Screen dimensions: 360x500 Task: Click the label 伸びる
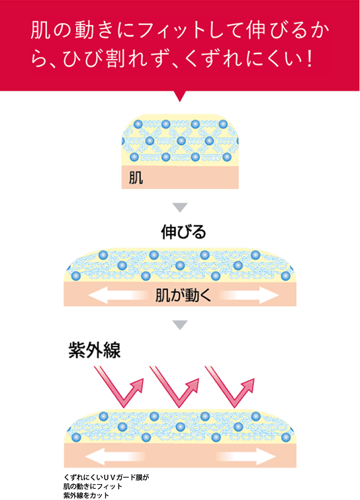[183, 232]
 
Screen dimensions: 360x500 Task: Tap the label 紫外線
[95, 350]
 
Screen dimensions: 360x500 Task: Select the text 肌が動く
[183, 295]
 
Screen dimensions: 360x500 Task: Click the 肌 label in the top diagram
[136, 178]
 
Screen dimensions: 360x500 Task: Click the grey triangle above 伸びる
[180, 207]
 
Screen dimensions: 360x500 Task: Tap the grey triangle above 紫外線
[180, 325]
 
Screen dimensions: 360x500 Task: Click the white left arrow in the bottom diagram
[115, 456]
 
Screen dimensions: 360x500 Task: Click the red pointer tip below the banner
[180, 101]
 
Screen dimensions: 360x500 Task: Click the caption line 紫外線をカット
[86, 495]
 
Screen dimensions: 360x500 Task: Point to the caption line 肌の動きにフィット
[93, 486]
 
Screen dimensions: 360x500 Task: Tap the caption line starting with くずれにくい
[107, 478]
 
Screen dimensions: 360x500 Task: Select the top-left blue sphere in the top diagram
[138, 124]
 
